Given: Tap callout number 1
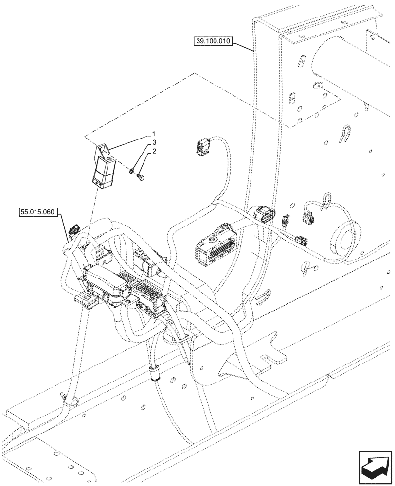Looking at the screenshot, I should coord(154,133).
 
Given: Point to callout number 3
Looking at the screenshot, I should coord(154,142).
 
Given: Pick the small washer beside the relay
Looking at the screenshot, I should coord(132,171).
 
